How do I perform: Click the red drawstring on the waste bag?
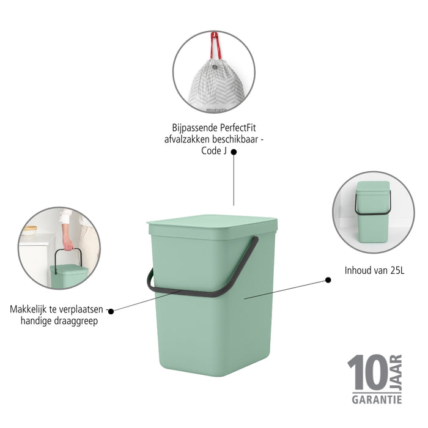click(215, 46)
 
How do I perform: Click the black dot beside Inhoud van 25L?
click(328, 279)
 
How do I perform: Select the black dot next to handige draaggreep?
click(110, 311)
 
